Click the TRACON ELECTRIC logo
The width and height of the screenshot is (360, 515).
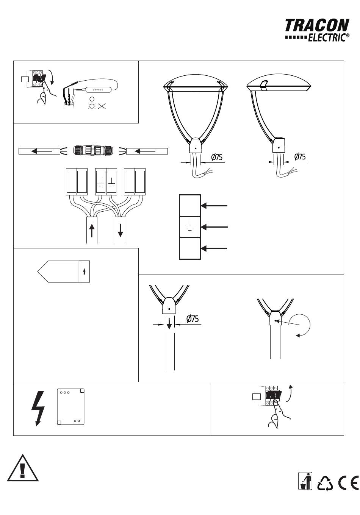pos(317,30)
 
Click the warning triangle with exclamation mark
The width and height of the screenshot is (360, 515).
pos(22,468)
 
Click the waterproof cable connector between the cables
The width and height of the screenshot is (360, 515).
pos(93,151)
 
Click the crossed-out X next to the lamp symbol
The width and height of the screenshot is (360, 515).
pos(102,106)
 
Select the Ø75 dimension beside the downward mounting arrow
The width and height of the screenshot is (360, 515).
pos(192,318)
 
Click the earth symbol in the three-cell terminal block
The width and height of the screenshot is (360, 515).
pos(190,225)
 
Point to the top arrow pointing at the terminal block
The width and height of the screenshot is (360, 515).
pos(214,206)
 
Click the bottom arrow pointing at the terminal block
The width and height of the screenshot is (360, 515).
pos(214,248)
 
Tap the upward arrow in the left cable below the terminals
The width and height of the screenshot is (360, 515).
pos(92,231)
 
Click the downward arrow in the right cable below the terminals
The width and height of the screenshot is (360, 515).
pos(120,230)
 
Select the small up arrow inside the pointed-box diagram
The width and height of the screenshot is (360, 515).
pos(84,271)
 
